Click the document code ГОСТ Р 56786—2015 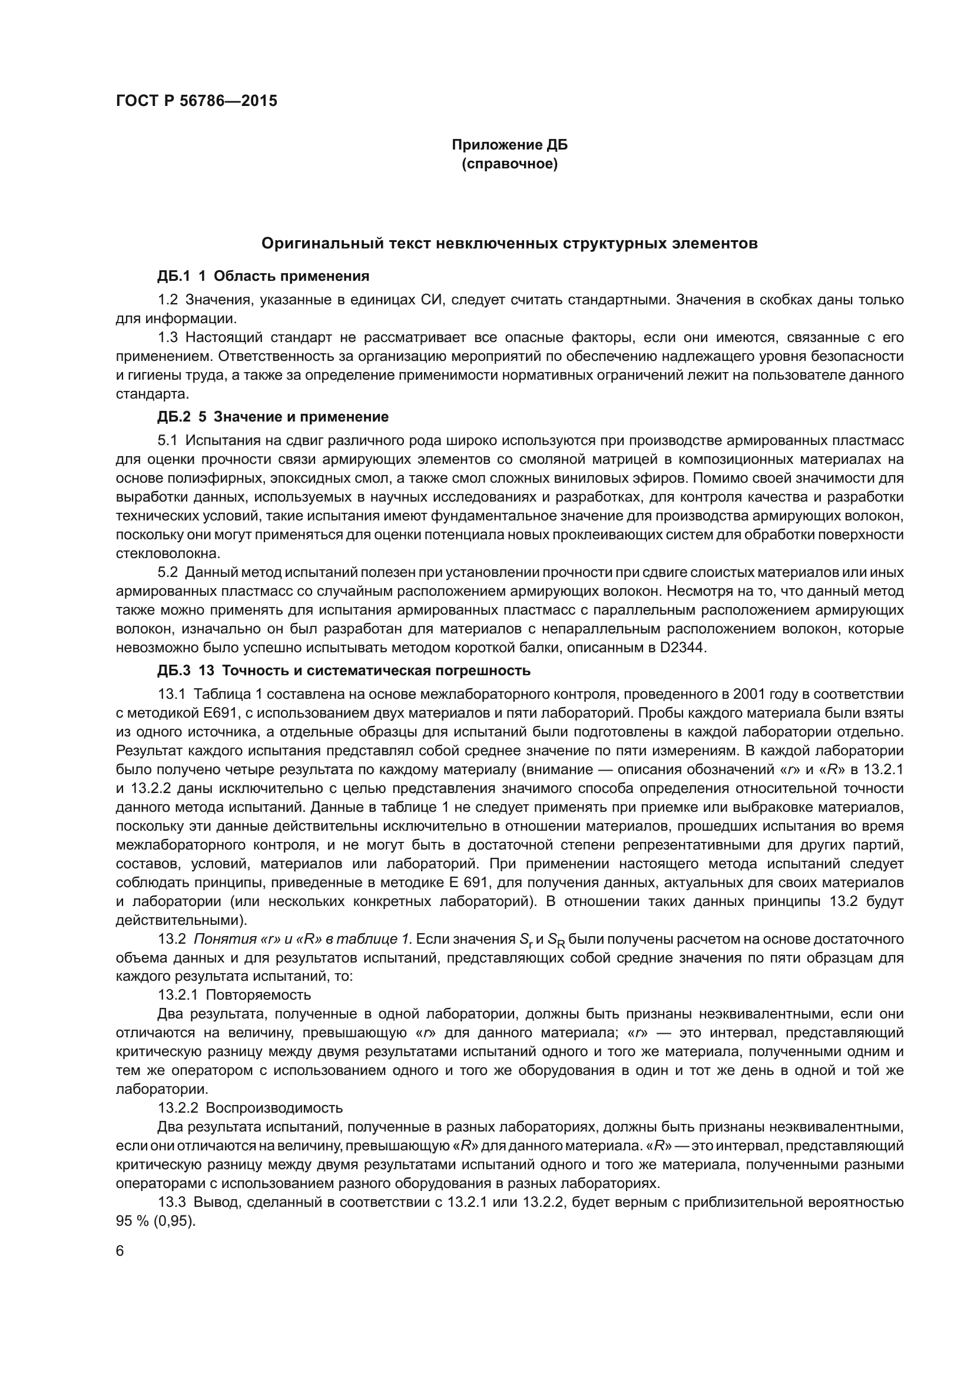tap(196, 101)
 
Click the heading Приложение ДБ tap(509, 145)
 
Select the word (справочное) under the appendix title tap(509, 164)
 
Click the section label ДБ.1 tap(173, 276)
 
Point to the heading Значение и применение tap(301, 416)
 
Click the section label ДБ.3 tap(173, 671)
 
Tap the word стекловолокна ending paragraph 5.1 tap(160, 553)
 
